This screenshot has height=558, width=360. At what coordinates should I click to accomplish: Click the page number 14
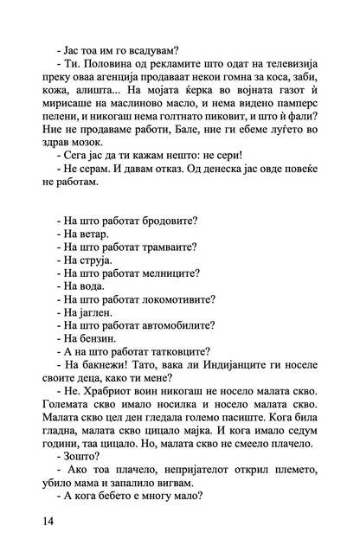pos(46,521)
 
